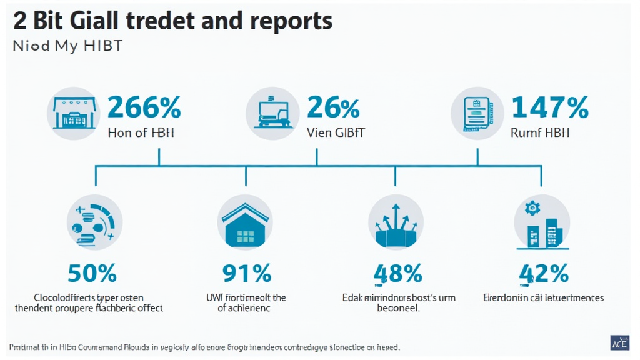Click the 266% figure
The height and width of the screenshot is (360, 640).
144,107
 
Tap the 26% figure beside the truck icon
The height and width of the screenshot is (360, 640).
333,107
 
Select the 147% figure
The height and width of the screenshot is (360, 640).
550,107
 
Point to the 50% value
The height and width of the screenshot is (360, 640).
92,273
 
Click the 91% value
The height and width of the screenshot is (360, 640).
246,273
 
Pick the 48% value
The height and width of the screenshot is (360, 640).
397,273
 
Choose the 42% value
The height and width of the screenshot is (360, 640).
544,273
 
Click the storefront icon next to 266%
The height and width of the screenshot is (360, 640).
74,113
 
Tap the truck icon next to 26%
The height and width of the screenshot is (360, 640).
273,113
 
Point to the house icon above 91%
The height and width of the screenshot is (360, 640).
245,223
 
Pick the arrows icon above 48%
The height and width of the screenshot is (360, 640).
396,223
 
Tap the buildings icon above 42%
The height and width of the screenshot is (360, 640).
542,223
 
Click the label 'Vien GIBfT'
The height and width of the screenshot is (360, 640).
336,132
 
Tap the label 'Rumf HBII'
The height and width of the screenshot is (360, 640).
539,132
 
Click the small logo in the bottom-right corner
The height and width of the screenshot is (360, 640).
619,342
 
